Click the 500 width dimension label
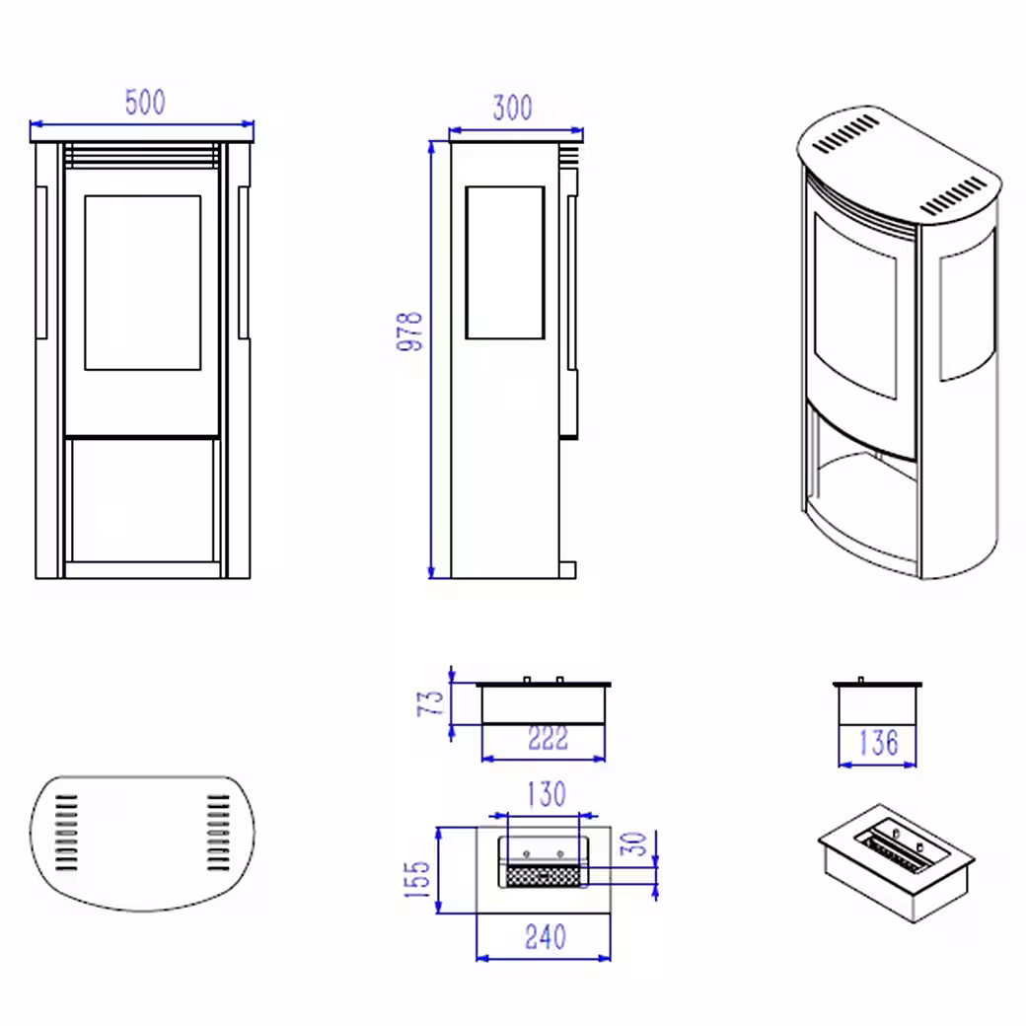145,102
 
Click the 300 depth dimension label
512,108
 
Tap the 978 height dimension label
410,331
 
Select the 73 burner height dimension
430,703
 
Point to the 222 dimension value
549,739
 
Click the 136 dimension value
879,743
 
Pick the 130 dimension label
547,794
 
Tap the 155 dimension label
417,879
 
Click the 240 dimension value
545,937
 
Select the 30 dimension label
633,843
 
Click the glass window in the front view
143,283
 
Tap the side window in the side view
505,262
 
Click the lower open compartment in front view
143,500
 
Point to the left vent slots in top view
66,833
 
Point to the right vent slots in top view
219,833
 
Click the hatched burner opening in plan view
545,875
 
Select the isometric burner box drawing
897,863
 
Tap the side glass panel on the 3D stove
968,304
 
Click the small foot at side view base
567,570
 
